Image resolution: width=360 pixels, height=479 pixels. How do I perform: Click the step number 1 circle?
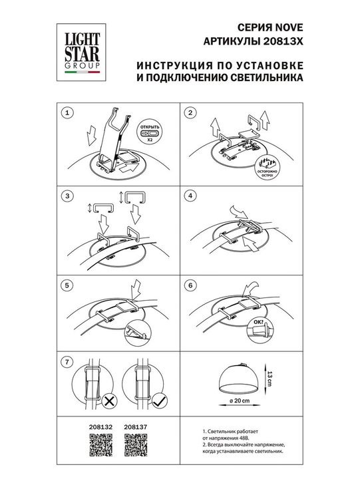(66, 114)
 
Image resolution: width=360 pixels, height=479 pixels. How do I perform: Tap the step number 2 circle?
(190, 114)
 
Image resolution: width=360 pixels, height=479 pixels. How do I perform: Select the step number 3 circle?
(66, 196)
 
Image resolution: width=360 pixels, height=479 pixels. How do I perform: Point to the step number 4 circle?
(190, 196)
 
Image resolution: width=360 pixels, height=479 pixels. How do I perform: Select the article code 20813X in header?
(287, 41)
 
